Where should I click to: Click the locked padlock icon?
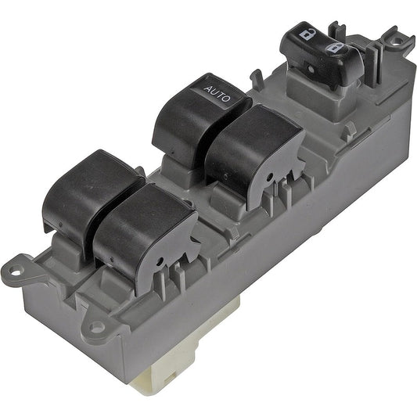tap(336, 49)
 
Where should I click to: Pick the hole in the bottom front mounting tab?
tap(95, 329)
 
